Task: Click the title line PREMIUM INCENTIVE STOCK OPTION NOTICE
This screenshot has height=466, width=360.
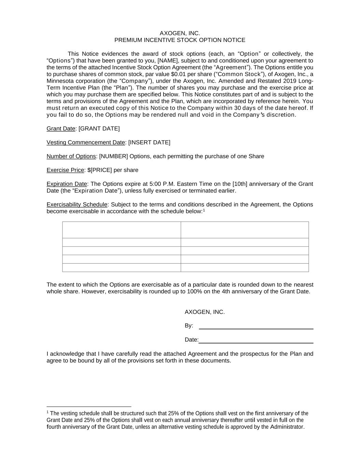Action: (x=179, y=40)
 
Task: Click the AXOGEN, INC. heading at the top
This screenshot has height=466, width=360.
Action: (x=179, y=33)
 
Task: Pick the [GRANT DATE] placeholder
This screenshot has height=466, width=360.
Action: (x=99, y=129)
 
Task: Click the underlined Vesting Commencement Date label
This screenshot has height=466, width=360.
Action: (x=86, y=142)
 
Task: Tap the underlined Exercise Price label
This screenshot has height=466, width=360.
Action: (x=65, y=170)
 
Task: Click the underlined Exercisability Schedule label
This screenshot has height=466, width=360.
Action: (x=77, y=204)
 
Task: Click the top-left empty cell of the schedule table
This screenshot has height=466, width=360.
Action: (x=121, y=230)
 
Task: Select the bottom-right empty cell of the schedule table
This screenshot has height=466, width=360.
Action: (x=245, y=268)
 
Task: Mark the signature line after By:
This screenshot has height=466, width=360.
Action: (x=256, y=328)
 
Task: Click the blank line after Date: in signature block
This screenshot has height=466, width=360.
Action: (x=256, y=342)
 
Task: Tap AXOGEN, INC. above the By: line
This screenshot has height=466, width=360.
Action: (x=205, y=312)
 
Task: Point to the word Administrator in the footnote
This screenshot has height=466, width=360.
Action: (x=287, y=427)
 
